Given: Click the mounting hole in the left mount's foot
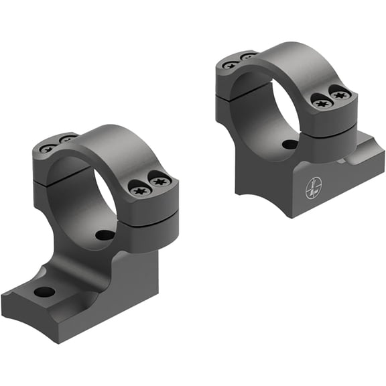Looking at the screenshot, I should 45,292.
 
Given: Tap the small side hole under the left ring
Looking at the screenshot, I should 105,235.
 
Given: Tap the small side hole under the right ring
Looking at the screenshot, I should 289,144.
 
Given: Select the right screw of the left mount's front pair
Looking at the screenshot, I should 159,180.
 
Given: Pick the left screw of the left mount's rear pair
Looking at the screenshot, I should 48,148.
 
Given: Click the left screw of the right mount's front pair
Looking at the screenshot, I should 320,102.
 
